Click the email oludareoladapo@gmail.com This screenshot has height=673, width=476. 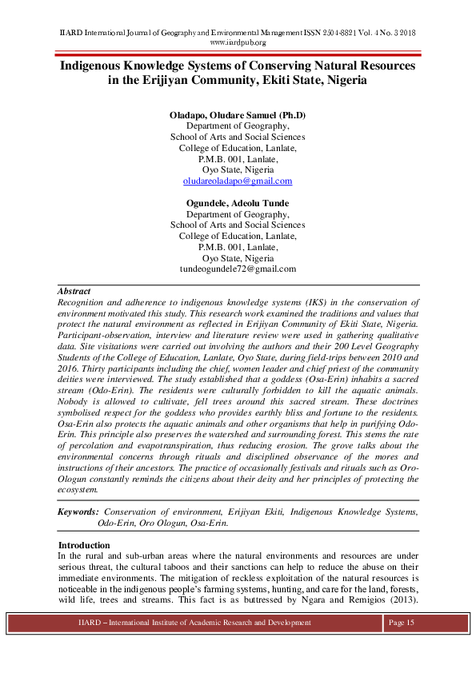(x=238, y=181)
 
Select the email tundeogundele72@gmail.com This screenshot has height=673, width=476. (x=238, y=269)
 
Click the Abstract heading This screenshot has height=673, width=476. (x=74, y=292)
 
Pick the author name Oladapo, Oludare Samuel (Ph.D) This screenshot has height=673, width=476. (x=238, y=115)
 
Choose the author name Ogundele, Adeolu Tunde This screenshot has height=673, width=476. (x=238, y=203)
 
